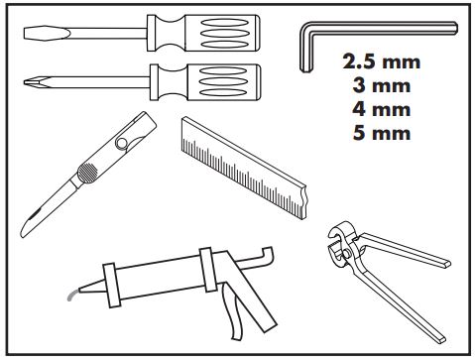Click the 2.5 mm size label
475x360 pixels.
click(381, 61)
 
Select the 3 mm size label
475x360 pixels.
click(381, 85)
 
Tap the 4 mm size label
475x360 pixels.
click(381, 109)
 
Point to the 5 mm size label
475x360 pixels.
click(381, 133)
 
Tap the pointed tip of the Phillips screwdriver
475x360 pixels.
click(25, 82)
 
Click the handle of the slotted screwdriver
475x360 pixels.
click(203, 33)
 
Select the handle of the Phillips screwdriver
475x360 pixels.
click(205, 82)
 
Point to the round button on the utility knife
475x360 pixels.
click(122, 143)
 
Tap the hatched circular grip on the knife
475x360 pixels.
click(87, 173)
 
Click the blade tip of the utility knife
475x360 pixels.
click(23, 235)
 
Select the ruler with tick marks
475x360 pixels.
click(244, 168)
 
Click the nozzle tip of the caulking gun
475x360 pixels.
click(79, 290)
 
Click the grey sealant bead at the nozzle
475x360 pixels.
click(72, 295)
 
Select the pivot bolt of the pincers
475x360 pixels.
click(346, 254)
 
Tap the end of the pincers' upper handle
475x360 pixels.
click(446, 264)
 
